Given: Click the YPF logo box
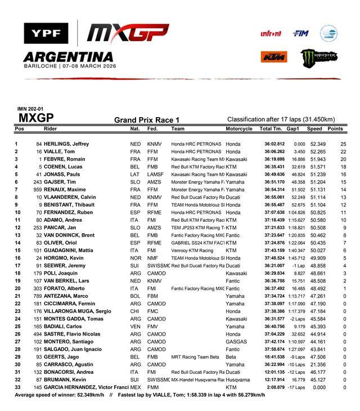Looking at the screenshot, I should pos(46,33).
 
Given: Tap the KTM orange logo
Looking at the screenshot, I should pos(274,56).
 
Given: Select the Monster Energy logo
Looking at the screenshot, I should pos(318,57).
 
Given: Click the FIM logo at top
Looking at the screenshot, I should pos(300,33).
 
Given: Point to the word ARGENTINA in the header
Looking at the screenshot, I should pos(68,57).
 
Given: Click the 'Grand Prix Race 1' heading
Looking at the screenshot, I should pos(147,119).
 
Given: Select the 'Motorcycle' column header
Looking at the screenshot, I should pos(238,129).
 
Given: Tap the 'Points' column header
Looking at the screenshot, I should pos(335,129).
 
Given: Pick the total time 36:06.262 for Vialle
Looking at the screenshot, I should pos(271,151).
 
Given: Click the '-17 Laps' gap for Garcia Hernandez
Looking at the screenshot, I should pos(294,387).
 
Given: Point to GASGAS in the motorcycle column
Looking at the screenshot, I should pos(236,341).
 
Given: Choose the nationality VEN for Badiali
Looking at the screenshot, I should pos(135,326).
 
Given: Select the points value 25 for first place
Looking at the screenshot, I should pos(343,144).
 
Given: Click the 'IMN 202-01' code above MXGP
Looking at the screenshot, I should pos(30,109).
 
